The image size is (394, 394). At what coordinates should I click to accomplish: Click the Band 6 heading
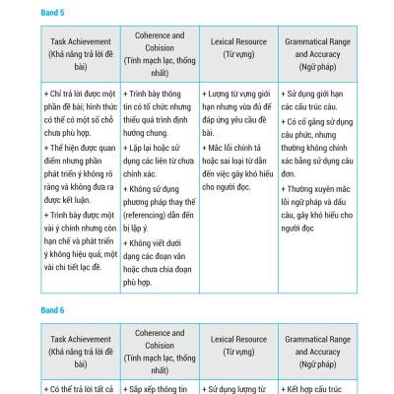pos(53,310)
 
